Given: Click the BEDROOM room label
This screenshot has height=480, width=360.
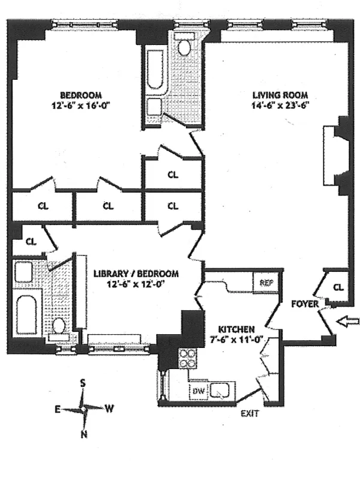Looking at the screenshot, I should click(80, 95).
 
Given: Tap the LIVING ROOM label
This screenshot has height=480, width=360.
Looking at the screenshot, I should click(280, 95).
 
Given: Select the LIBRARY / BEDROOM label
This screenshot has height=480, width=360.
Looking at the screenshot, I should click(136, 274).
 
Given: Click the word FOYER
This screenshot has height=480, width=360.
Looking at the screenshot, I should click(304, 304).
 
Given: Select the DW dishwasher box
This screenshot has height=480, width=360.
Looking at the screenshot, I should click(197, 391).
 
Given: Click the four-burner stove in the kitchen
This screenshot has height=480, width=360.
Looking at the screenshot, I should click(188, 358).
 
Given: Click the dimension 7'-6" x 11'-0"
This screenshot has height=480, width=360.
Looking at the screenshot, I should click(236, 340).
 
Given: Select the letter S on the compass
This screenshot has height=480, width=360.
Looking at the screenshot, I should click(84, 383).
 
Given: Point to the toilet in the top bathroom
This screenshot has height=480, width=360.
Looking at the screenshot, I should click(184, 46).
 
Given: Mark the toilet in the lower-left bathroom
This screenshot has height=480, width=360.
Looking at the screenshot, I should click(59, 327).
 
